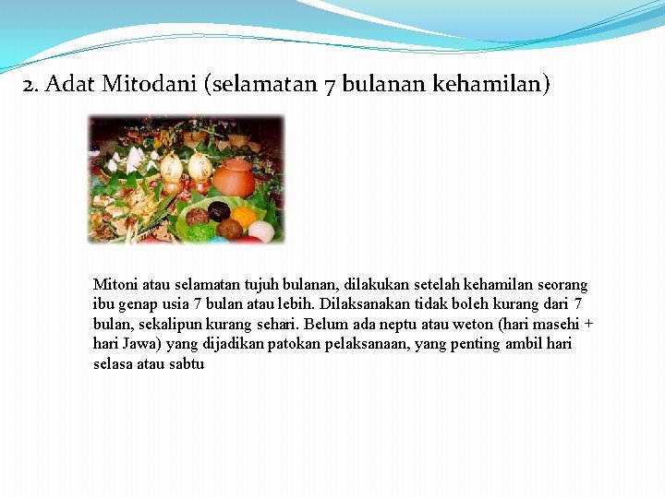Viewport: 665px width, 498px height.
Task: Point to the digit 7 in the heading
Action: tap(330, 86)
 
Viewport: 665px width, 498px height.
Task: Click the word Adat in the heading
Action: tap(70, 86)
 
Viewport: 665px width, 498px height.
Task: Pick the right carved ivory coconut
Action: tap(199, 166)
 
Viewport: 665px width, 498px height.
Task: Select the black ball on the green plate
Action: tap(219, 211)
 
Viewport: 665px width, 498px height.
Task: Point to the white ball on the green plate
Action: tap(261, 231)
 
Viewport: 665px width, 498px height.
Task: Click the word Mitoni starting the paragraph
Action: tap(114, 285)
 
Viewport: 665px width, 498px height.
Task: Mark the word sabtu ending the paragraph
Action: tap(186, 363)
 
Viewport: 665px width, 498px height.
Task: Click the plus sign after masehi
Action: tap(588, 325)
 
